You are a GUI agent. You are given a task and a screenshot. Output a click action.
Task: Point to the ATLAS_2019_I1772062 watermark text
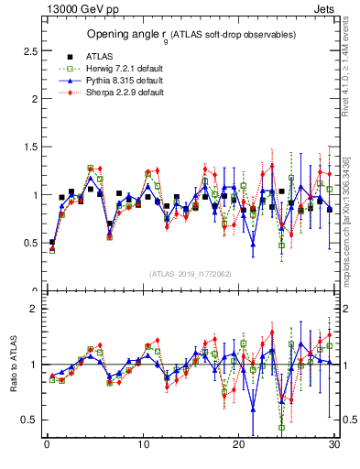coord(190,273)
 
